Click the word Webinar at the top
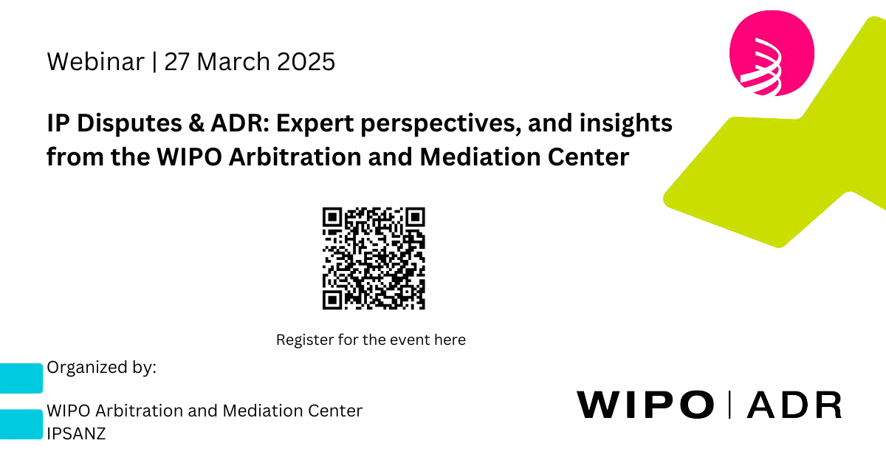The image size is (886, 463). tap(95, 62)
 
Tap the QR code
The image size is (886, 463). tap(374, 258)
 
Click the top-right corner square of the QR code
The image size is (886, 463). tap(416, 217)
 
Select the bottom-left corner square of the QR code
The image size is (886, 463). tap(333, 300)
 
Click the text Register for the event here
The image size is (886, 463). tap(371, 340)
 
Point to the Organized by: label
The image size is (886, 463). tap(101, 368)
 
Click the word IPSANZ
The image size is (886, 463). tap(76, 433)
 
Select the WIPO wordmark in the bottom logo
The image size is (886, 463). tap(645, 405)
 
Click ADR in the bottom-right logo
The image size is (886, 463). tap(794, 405)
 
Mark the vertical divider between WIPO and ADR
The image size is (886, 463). tap(730, 404)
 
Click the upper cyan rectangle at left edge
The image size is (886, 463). tap(21, 378)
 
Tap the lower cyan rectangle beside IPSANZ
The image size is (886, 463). tap(21, 425)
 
